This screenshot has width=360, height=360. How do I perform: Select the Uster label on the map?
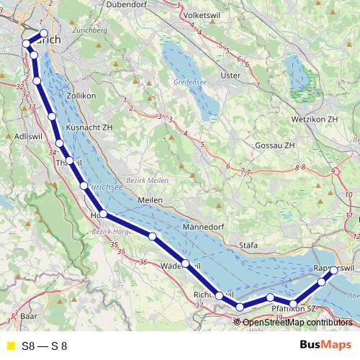click(230, 75)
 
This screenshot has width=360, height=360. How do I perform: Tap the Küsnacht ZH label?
click(89, 127)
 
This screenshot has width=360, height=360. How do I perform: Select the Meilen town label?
click(150, 200)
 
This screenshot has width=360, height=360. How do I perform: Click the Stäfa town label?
click(248, 246)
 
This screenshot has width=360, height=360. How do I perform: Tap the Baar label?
click(29, 316)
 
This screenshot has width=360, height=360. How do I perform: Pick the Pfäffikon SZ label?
click(294, 308)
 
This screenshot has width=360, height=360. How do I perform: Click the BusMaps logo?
click(320, 346)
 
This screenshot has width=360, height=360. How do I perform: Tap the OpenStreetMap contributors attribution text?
click(297, 323)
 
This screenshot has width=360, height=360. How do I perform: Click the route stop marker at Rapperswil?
click(333, 271)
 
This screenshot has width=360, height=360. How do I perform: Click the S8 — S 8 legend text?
click(45, 346)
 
